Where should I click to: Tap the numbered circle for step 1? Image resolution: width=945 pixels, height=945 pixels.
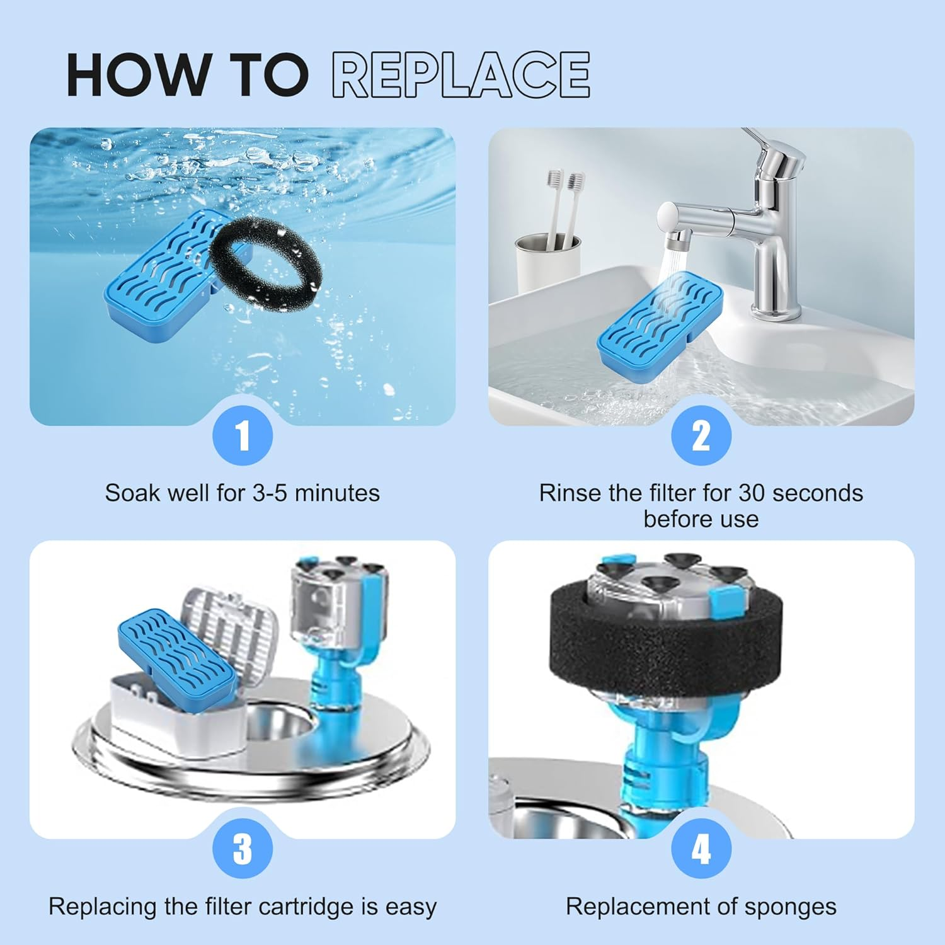pos(243,435)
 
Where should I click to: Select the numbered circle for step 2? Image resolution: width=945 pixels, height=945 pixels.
pos(701,435)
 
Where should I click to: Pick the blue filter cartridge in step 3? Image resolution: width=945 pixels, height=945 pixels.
pos(176,652)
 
